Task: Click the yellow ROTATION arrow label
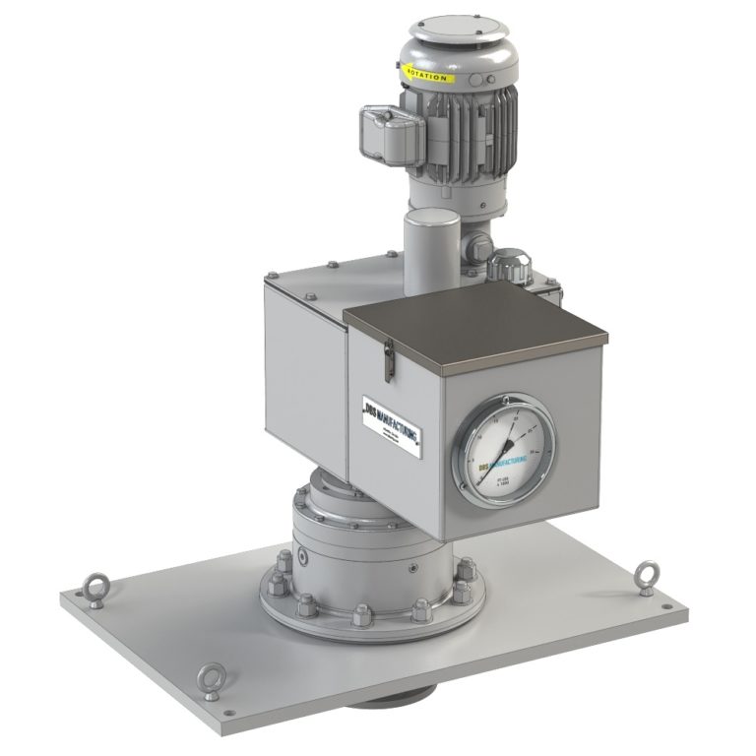pos(424,73)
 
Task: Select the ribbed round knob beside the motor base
pos(505,265)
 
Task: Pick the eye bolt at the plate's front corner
pos(210,679)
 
